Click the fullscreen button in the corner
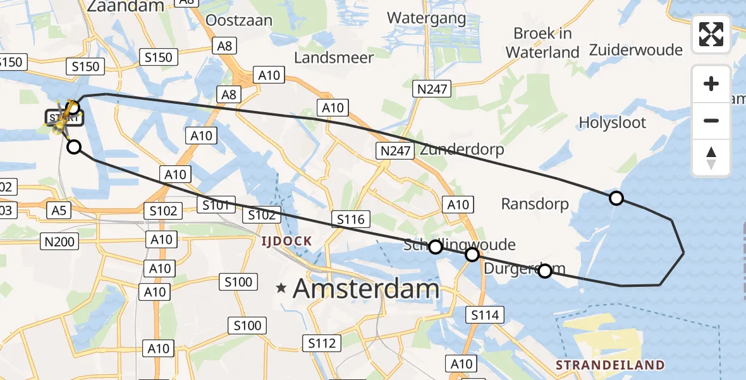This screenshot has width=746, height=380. [711, 34]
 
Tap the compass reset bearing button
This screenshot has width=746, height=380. [711, 158]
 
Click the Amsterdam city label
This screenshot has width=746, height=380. [366, 289]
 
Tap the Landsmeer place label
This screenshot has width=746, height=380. [334, 58]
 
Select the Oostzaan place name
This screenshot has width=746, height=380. [239, 20]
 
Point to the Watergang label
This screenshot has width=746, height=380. [427, 17]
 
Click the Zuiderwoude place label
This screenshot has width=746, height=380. [635, 50]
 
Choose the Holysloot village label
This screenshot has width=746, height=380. [613, 123]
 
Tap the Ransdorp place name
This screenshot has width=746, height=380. [535, 204]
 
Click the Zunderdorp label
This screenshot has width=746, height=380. [462, 149]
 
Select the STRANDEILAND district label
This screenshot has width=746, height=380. [610, 365]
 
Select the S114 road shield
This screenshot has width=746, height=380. [486, 315]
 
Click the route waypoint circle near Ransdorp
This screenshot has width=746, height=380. [616, 198]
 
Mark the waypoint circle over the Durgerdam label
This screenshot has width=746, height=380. [544, 271]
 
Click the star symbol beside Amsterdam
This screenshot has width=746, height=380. [281, 289]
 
